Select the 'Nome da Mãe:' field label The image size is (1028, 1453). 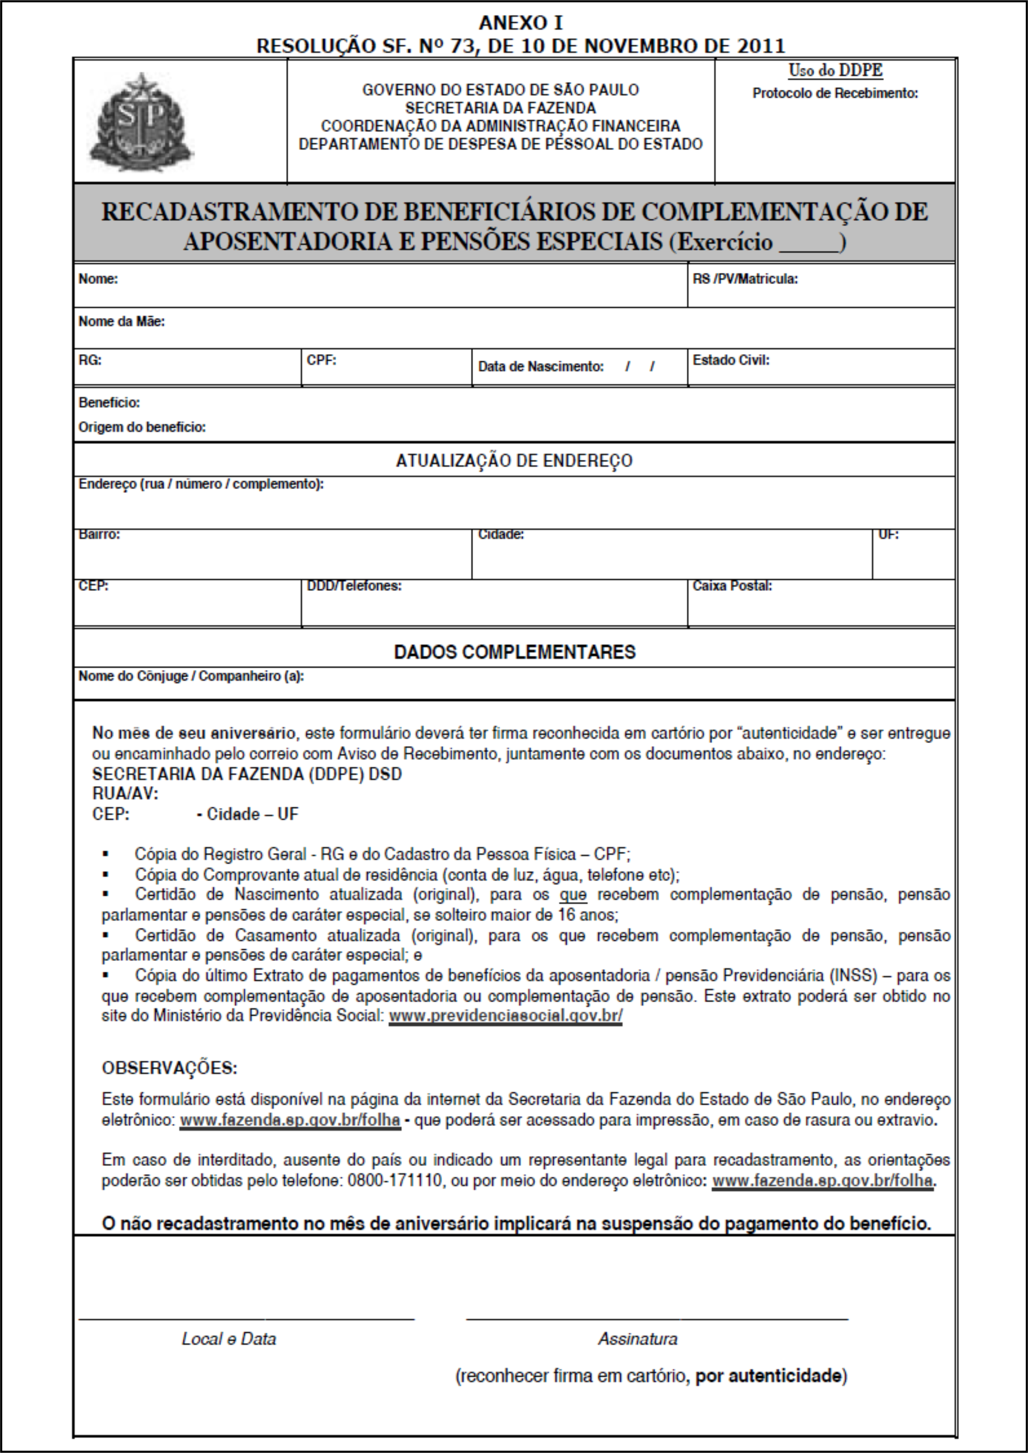pyautogui.click(x=122, y=321)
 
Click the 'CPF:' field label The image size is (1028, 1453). pyautogui.click(x=322, y=360)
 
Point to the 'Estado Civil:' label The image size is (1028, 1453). pyautogui.click(x=731, y=360)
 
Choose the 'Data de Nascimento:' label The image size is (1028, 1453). pyautogui.click(x=540, y=366)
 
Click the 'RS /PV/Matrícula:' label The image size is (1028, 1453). pyautogui.click(x=745, y=279)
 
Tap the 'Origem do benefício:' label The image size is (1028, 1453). pyautogui.click(x=142, y=427)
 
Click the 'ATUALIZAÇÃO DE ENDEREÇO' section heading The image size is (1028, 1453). pyautogui.click(x=514, y=461)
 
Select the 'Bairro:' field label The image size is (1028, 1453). pyautogui.click(x=99, y=535)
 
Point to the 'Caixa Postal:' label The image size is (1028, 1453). pyautogui.click(x=732, y=586)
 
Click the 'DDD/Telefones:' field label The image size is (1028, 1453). pyautogui.click(x=354, y=586)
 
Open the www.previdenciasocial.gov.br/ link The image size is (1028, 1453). pyautogui.click(x=505, y=1016)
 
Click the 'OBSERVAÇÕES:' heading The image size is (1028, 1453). pyautogui.click(x=169, y=1068)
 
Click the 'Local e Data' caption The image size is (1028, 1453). pyautogui.click(x=229, y=1339)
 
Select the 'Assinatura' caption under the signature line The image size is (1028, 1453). pyautogui.click(x=638, y=1339)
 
